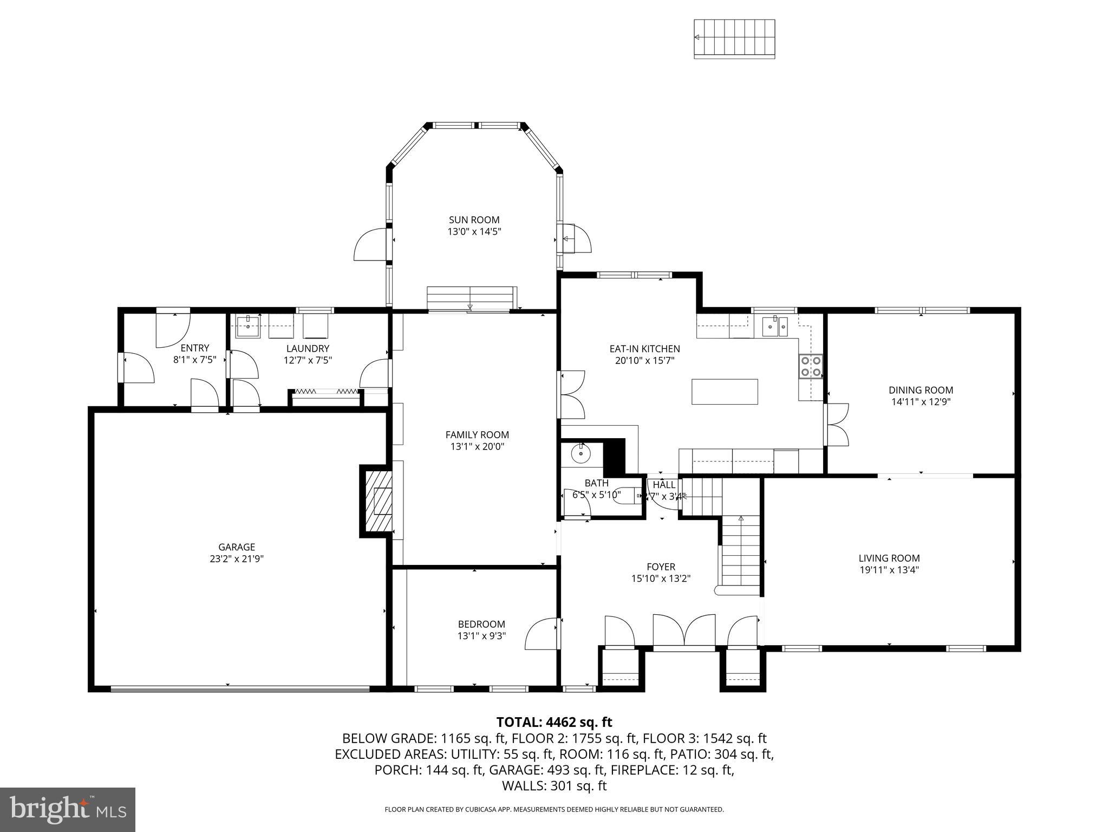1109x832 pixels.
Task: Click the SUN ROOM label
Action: pyautogui.click(x=474, y=220)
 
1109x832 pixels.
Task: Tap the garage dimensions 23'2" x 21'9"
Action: pyautogui.click(x=237, y=559)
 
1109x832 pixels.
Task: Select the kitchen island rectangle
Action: pyautogui.click(x=724, y=392)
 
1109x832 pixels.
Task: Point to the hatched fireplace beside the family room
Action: pyautogui.click(x=378, y=501)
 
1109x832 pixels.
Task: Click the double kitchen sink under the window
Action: pyautogui.click(x=775, y=327)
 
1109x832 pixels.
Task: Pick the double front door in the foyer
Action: pyautogui.click(x=684, y=631)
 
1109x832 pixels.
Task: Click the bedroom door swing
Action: pyautogui.click(x=542, y=634)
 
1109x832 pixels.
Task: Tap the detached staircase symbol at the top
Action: pyautogui.click(x=734, y=38)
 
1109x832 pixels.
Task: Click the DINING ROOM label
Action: pyautogui.click(x=921, y=390)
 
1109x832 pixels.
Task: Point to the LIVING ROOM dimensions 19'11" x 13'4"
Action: pyautogui.click(x=889, y=570)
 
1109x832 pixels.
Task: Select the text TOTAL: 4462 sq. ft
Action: pyautogui.click(x=554, y=722)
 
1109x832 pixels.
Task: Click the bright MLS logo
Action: pyautogui.click(x=68, y=809)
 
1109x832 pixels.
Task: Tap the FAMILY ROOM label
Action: pyautogui.click(x=477, y=434)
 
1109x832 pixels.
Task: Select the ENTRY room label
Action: pyautogui.click(x=194, y=348)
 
